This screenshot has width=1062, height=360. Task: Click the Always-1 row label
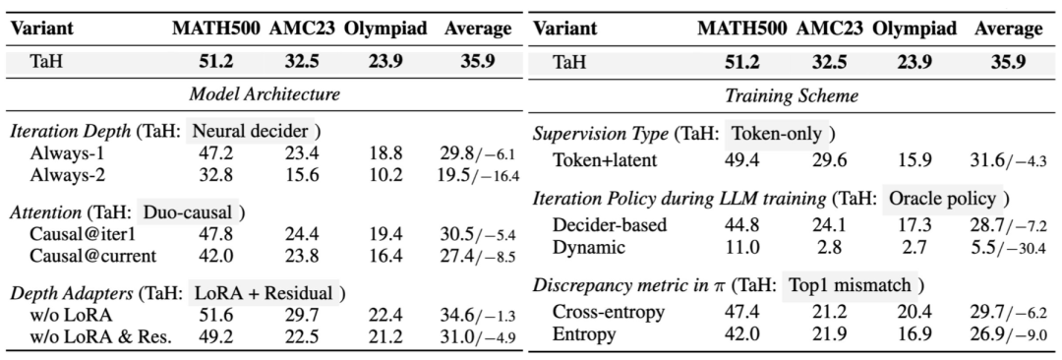[x=62, y=153]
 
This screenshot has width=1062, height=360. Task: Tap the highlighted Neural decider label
[x=251, y=131]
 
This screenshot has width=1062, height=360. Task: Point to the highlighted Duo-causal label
[x=186, y=212]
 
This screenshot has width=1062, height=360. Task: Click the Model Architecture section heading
[x=265, y=94]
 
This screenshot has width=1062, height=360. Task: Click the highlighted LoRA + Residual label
[x=265, y=293]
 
